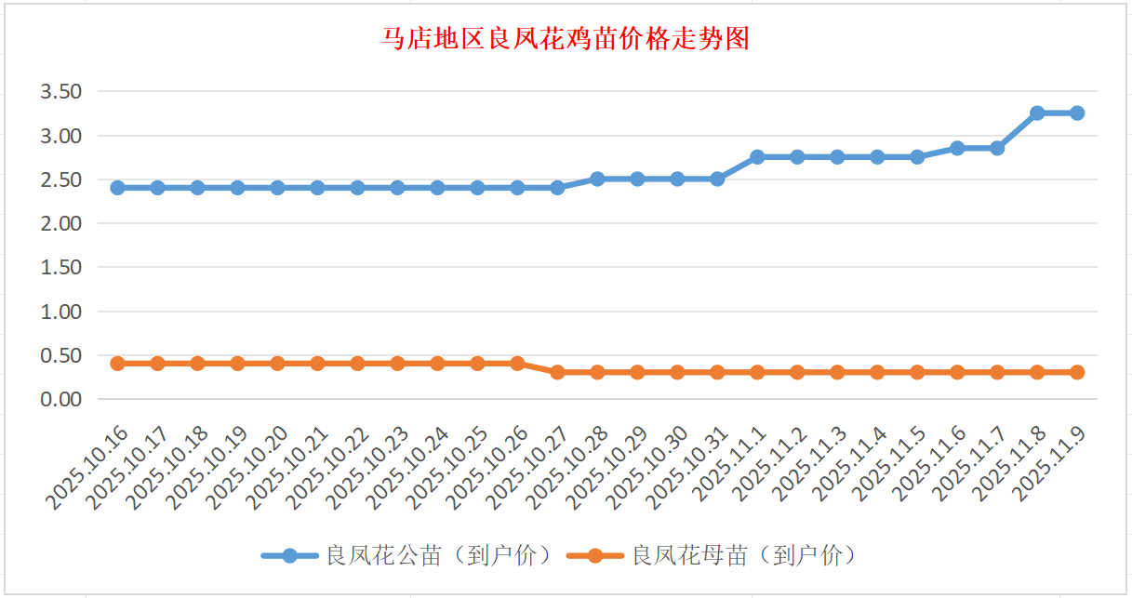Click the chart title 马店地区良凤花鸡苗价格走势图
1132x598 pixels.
click(566, 40)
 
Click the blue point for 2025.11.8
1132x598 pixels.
click(1037, 113)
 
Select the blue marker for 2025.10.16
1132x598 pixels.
click(118, 188)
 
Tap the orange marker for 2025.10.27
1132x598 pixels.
click(558, 372)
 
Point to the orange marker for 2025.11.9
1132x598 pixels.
click(1077, 372)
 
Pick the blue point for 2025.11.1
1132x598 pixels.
click(757, 157)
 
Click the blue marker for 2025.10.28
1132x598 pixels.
click(598, 179)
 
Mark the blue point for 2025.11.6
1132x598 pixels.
click(957, 148)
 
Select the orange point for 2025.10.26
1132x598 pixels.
click(518, 364)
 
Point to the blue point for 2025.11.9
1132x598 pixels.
click(1077, 113)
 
